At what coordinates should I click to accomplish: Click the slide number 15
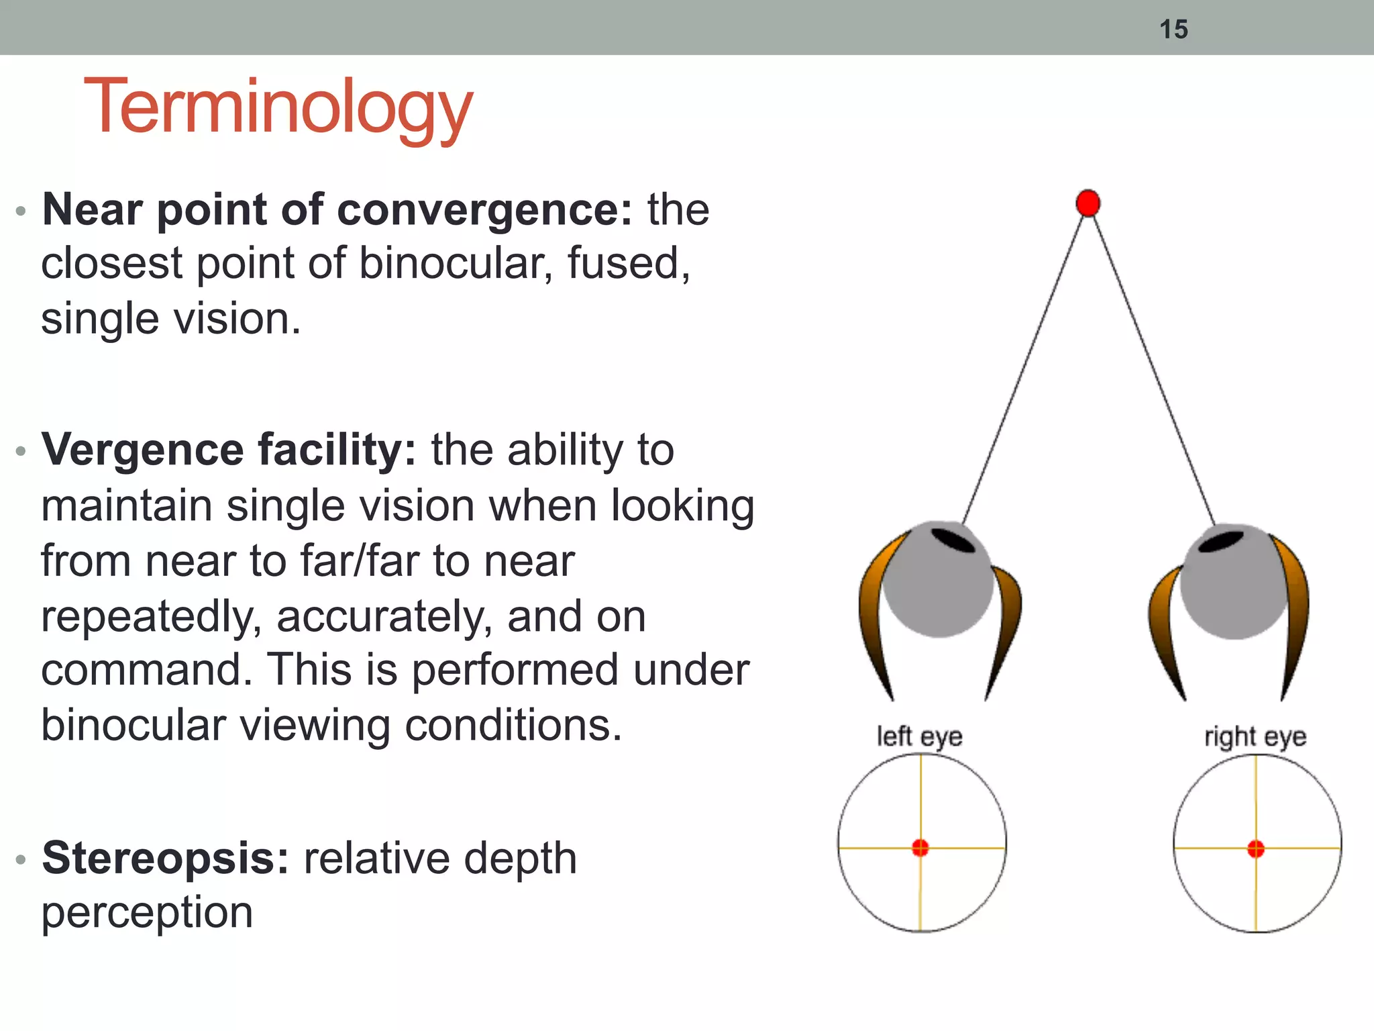click(x=1173, y=30)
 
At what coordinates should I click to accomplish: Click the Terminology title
click(x=278, y=107)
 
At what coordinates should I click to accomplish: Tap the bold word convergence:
click(x=484, y=210)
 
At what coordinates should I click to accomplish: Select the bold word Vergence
click(x=142, y=450)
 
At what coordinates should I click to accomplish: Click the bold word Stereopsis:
click(x=165, y=858)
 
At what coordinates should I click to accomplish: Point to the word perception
click(x=147, y=913)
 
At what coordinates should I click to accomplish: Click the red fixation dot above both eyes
click(x=1088, y=203)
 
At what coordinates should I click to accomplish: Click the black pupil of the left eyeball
click(x=953, y=540)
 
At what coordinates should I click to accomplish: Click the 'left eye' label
click(x=919, y=737)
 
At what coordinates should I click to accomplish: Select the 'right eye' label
click(x=1255, y=737)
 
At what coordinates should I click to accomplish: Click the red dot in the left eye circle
click(x=920, y=848)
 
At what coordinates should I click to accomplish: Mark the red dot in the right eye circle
click(x=1256, y=849)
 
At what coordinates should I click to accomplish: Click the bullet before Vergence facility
click(x=21, y=451)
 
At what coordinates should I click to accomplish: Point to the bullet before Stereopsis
click(x=21, y=859)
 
